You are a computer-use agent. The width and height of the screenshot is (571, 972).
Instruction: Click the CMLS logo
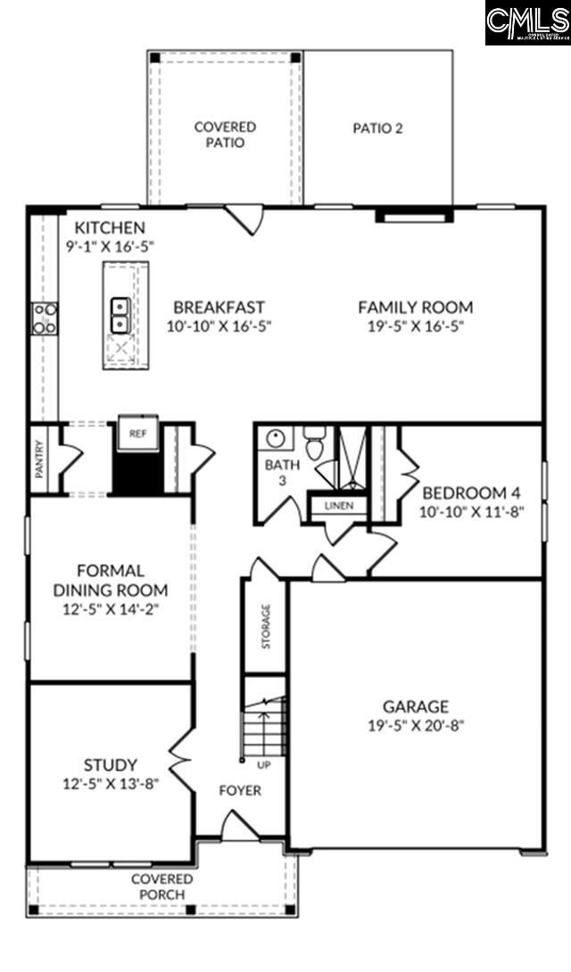[527, 22]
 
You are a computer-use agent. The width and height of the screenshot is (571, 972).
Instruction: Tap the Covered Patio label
[225, 135]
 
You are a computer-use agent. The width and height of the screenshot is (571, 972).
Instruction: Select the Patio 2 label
[377, 128]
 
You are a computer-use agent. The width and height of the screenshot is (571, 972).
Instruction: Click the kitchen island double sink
[119, 314]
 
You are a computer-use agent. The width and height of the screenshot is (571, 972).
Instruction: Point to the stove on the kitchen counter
[45, 318]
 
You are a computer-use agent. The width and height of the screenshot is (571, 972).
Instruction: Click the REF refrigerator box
[137, 433]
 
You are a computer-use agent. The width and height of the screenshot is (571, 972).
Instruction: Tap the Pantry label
[39, 459]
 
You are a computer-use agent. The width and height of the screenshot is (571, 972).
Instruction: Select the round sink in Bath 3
[276, 439]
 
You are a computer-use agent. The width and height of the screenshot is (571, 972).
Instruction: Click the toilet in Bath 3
[313, 443]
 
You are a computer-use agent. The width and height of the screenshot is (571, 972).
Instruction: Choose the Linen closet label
[338, 506]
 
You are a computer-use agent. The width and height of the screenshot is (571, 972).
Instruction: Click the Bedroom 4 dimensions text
[471, 512]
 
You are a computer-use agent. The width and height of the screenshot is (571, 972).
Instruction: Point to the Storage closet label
[266, 626]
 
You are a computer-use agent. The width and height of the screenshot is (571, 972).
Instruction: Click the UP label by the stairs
[263, 765]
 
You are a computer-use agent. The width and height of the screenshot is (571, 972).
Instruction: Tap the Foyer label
[241, 790]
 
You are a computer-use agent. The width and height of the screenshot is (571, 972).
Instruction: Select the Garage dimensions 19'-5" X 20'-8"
[416, 725]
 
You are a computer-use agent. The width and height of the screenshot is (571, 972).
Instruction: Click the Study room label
[111, 764]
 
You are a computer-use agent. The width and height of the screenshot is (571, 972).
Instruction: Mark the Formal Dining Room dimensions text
[111, 610]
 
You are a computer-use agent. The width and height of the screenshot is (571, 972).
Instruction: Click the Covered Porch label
[161, 886]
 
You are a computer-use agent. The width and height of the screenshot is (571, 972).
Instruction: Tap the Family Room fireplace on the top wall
[414, 215]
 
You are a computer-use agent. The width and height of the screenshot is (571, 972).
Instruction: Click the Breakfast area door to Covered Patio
[244, 217]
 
